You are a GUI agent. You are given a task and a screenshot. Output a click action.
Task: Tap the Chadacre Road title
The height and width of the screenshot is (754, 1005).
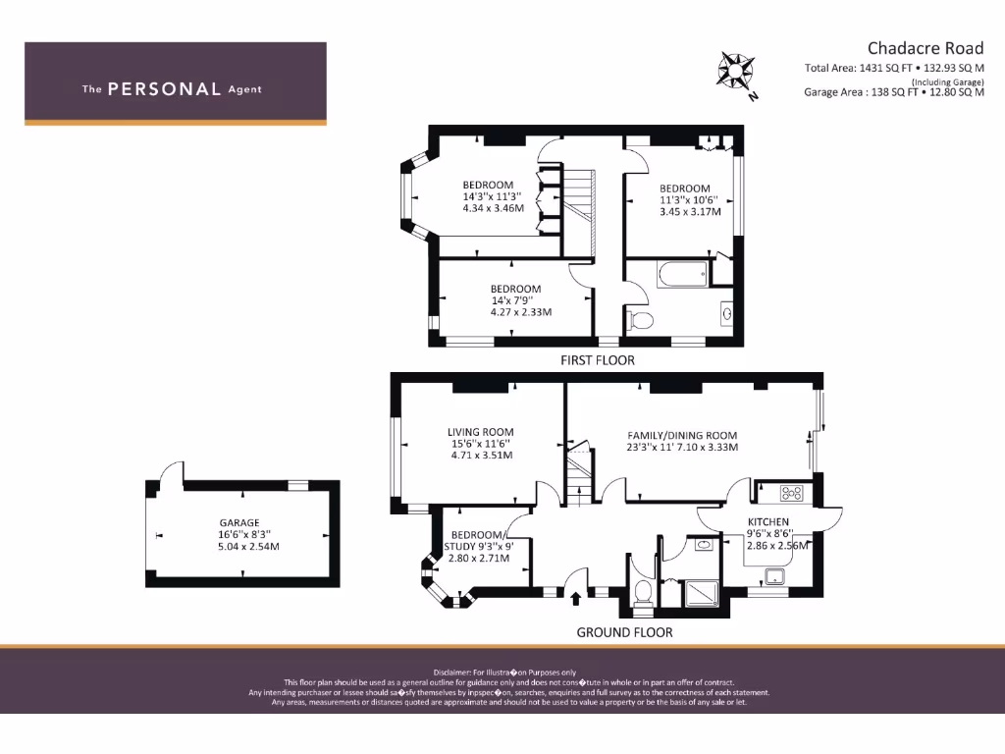pos(925,47)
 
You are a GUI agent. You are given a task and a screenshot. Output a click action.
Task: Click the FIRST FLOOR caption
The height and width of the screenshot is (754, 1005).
pos(597,360)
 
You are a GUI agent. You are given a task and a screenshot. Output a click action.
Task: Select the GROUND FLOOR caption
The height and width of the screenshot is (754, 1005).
pos(624,632)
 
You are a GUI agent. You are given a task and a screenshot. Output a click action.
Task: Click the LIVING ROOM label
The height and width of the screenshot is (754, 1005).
pos(480,432)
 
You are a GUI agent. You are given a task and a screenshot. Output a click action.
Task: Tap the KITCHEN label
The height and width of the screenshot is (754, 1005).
pos(767,521)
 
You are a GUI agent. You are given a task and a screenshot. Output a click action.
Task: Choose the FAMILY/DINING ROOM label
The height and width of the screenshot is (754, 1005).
pos(682,435)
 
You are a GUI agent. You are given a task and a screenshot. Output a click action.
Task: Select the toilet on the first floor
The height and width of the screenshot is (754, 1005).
pos(640,319)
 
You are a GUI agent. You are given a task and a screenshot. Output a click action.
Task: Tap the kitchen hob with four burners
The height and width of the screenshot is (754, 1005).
pos(792,493)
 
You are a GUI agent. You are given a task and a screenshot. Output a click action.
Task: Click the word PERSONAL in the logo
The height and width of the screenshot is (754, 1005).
pos(164,89)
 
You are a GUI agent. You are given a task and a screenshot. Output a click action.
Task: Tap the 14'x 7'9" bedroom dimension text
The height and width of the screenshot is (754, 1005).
pos(516,300)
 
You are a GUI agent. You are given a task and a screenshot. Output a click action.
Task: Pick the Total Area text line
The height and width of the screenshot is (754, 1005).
pos(893,68)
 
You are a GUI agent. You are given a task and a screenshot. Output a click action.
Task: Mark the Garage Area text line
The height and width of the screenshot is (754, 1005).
pos(893,92)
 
